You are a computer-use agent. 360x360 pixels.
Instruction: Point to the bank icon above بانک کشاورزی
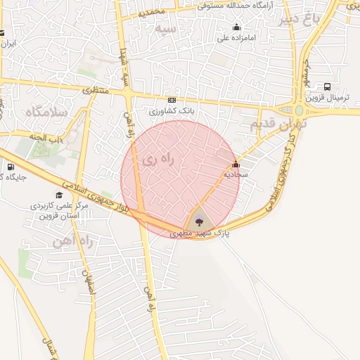(x=172, y=101)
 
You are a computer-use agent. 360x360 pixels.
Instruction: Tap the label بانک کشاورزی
(x=172, y=111)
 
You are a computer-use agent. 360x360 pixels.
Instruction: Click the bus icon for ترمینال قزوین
(x=327, y=86)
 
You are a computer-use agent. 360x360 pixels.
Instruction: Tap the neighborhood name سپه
(x=166, y=28)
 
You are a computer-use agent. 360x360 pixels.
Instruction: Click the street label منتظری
(x=96, y=90)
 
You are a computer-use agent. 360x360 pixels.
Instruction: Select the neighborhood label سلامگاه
(x=44, y=112)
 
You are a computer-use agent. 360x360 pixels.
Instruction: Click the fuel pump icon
(x=10, y=167)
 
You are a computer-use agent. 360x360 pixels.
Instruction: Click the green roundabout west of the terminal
(x=300, y=110)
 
